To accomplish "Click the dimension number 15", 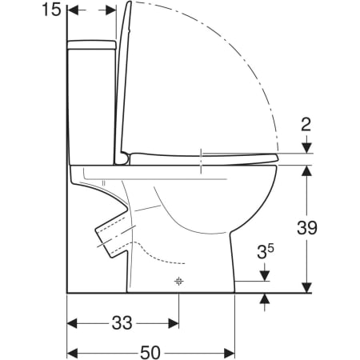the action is click(x=51, y=10).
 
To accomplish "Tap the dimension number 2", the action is click(x=306, y=125).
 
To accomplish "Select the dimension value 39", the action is click(x=307, y=228).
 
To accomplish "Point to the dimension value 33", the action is click(x=122, y=322).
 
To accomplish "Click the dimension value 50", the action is click(x=150, y=353).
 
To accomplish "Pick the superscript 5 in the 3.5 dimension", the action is click(x=271, y=249).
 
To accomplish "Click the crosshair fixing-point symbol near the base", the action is click(x=178, y=281).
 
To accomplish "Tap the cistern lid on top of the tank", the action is click(x=92, y=45).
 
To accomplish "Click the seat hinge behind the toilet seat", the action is click(x=125, y=158).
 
